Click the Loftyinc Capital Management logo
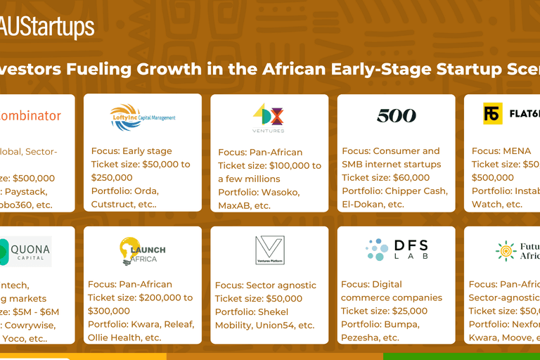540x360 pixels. click(143, 117)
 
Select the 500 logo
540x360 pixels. click(397, 115)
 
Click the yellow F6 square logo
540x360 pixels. click(493, 114)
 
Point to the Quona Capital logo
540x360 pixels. click(26, 251)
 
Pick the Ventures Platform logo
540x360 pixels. click(269, 250)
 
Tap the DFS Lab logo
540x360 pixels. click(397, 250)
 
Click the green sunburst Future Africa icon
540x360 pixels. click(506, 251)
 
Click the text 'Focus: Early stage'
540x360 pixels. click(131, 151)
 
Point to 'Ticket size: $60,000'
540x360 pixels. click(385, 178)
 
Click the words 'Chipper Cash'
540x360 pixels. click(411, 191)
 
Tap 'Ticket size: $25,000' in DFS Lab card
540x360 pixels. click(384, 311)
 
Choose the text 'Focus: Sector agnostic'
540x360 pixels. click(266, 285)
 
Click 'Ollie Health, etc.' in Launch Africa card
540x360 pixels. click(124, 337)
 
